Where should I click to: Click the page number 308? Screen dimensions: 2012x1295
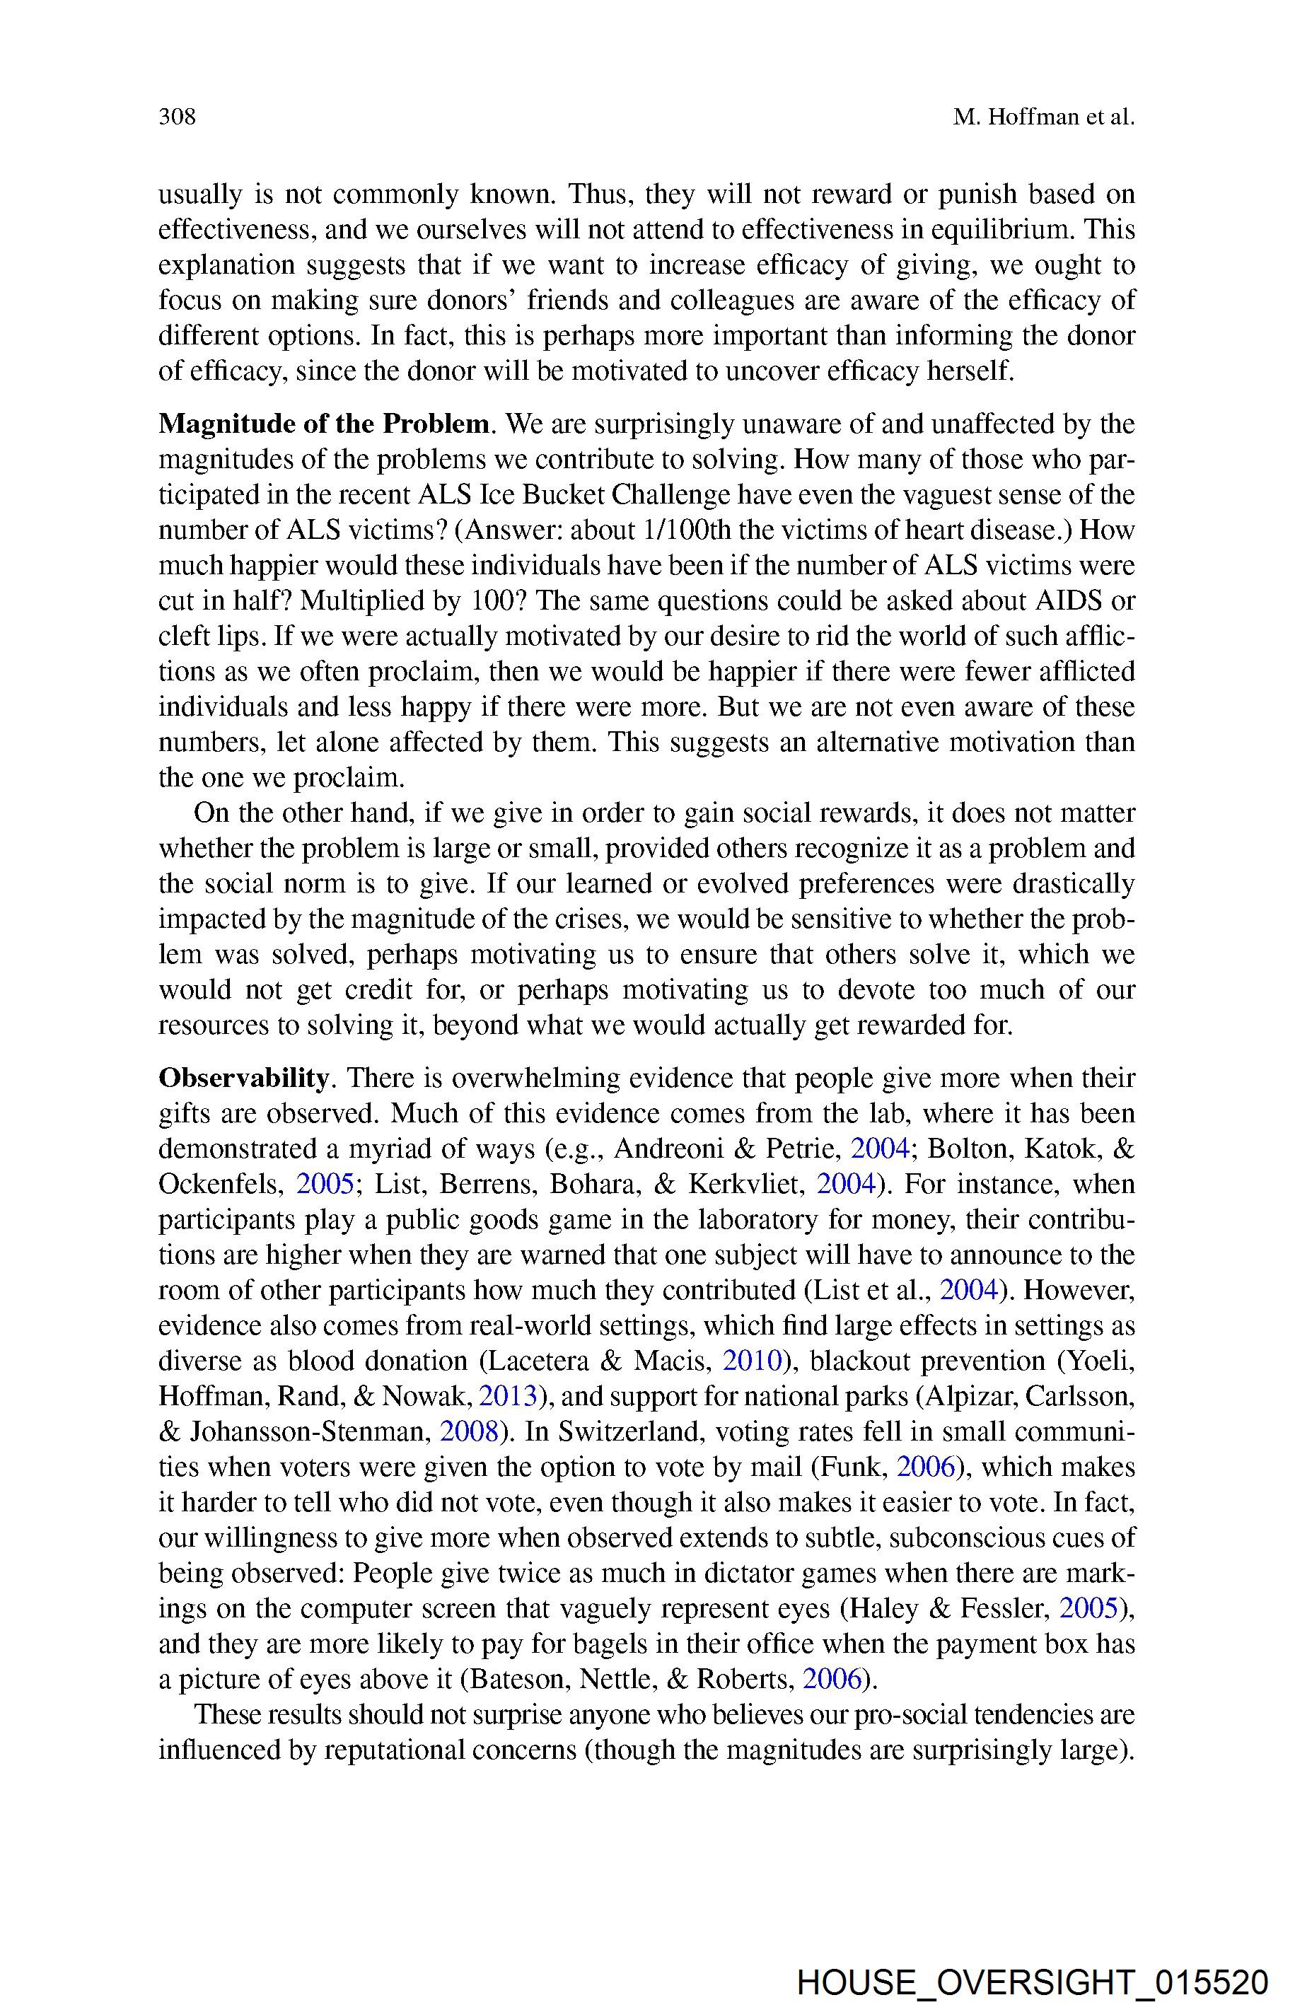[x=178, y=117]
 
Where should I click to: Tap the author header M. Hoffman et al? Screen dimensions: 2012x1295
[x=1044, y=117]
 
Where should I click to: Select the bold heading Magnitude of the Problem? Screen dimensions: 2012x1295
[x=324, y=424]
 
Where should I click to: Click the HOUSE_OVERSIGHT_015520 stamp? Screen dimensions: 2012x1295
[x=1032, y=1982]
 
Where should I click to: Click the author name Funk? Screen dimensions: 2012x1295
[x=860, y=1466]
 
